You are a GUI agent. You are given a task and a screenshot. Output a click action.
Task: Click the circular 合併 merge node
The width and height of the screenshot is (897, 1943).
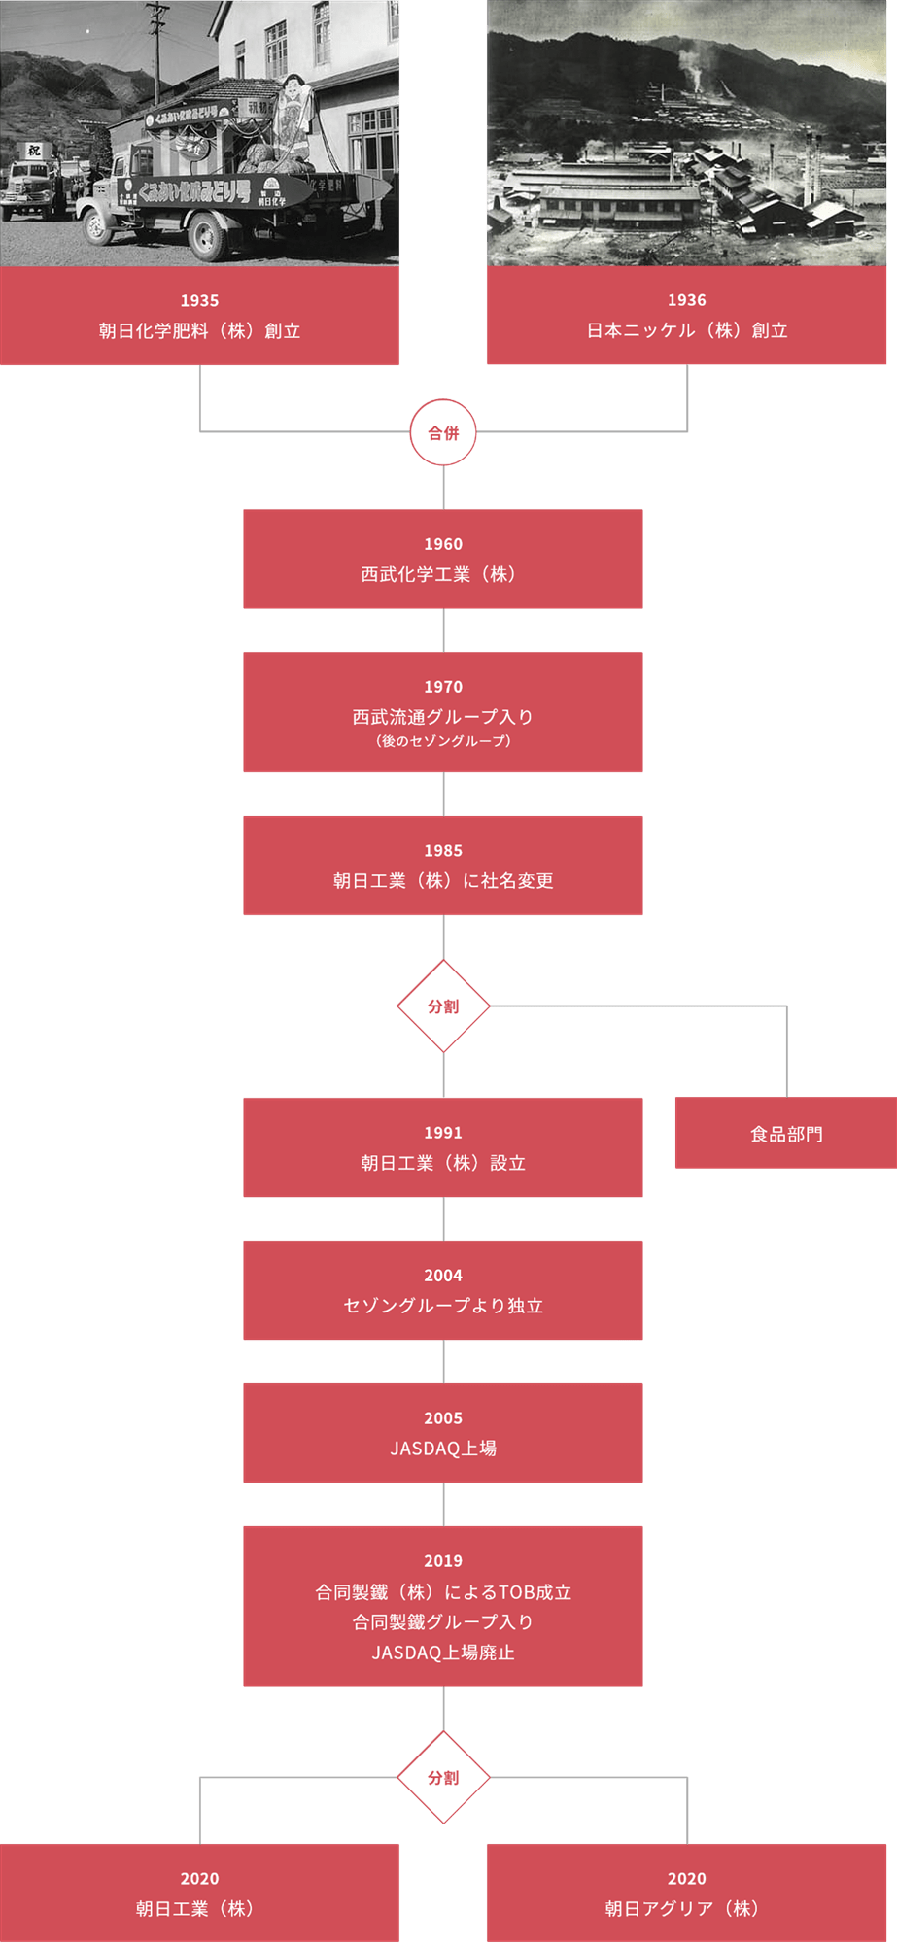coord(443,432)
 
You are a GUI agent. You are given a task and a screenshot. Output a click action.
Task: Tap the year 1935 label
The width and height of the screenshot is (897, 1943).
coord(199,301)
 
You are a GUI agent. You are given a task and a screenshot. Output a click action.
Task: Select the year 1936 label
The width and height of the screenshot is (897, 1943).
coord(686,300)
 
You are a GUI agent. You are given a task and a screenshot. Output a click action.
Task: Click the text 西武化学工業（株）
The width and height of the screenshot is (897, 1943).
coord(443,574)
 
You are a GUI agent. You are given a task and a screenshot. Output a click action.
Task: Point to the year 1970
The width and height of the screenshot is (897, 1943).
coord(443,687)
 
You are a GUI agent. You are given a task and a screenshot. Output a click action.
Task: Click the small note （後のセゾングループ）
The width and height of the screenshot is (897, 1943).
coord(443,741)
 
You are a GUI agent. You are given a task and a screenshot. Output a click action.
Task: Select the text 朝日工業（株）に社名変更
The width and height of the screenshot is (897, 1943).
coord(443,880)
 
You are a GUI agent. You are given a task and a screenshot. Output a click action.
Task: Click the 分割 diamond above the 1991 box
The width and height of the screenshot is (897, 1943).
coord(443,1006)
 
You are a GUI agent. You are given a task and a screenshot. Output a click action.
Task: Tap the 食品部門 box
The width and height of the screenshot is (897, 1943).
coord(785,1134)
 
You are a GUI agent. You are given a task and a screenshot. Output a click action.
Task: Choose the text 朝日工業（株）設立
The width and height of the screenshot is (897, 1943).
coord(443,1163)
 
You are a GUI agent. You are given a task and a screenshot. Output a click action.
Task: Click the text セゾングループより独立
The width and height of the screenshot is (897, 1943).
coord(443,1306)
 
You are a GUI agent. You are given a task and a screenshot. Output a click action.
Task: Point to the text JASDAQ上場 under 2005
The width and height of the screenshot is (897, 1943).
coord(443,1449)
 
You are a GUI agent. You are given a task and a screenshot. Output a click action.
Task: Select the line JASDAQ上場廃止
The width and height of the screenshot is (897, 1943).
coord(443,1653)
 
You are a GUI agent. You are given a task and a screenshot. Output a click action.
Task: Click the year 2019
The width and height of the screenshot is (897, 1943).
coord(443,1561)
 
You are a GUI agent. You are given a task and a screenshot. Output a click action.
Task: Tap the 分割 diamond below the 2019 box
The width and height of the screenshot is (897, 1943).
coord(443,1777)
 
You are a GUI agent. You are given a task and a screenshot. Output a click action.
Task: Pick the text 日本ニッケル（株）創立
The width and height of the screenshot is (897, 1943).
coord(686,330)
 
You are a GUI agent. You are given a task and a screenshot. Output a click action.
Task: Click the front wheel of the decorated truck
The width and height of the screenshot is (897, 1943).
coord(97,226)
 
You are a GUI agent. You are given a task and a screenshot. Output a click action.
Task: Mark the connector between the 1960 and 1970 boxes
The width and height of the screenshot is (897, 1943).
coord(443,630)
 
